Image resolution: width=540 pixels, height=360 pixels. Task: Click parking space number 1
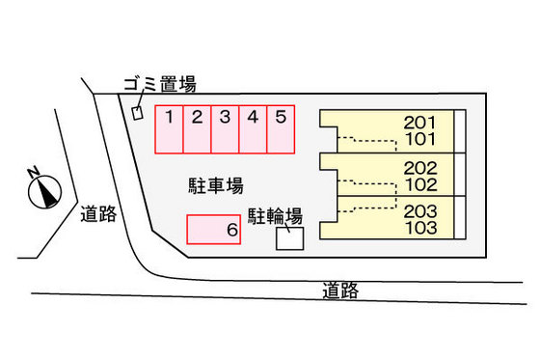(169, 129)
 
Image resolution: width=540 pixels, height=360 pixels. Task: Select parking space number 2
(197, 129)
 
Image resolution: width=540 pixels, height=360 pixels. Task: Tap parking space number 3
(225, 129)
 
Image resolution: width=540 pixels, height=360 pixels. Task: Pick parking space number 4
(253, 129)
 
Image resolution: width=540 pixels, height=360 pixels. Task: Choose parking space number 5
(281, 129)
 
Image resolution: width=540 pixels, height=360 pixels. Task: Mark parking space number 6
(213, 230)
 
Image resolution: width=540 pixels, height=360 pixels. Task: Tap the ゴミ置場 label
(159, 85)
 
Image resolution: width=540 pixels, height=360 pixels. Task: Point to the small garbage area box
(137, 113)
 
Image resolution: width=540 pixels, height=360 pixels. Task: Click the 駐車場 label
(215, 183)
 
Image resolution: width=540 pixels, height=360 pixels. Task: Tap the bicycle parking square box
(289, 238)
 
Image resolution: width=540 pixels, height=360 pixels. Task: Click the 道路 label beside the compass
(99, 213)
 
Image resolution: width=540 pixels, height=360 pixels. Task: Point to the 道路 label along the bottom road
(342, 290)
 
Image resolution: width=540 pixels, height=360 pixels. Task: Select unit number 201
(420, 123)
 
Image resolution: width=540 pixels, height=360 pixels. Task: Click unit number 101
(420, 139)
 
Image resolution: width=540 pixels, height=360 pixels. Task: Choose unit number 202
(420, 167)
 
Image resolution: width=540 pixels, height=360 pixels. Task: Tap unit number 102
(420, 183)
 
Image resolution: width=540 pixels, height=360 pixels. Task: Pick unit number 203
(420, 211)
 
